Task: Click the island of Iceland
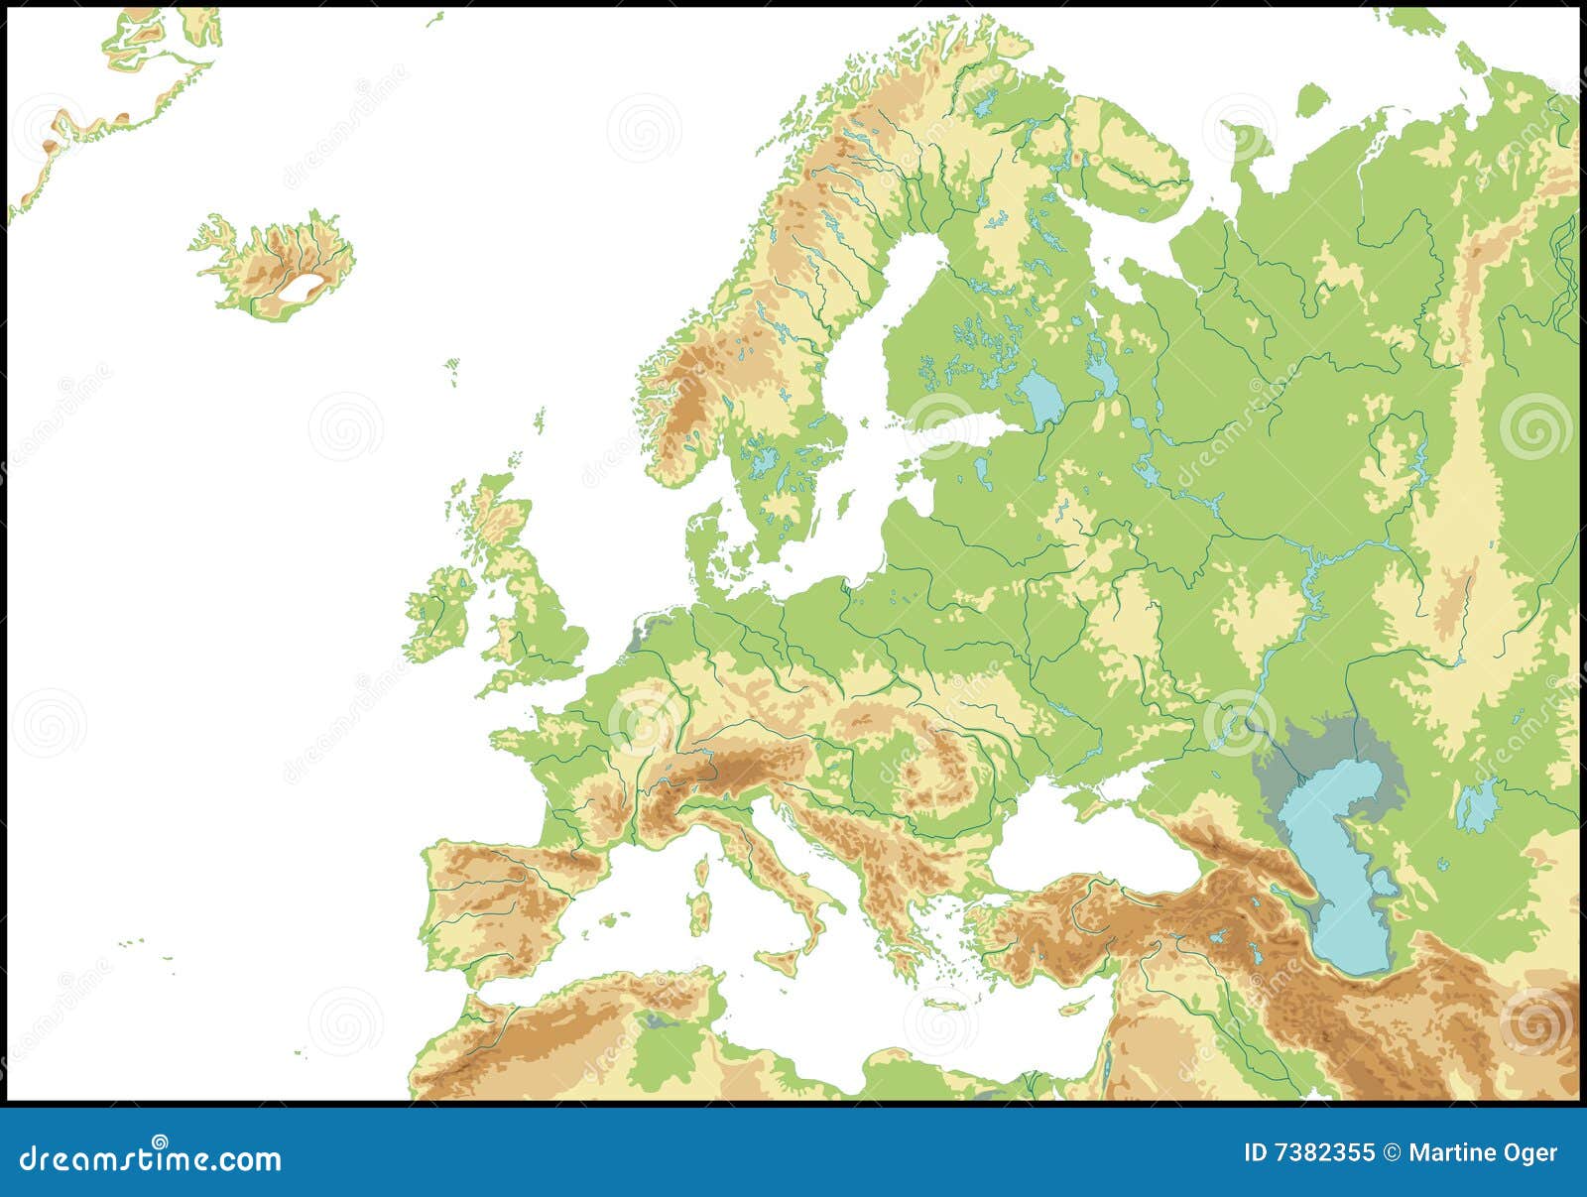(273, 263)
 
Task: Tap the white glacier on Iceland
(304, 289)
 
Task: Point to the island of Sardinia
(701, 912)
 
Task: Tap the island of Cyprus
(1071, 1009)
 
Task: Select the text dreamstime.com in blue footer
(151, 1158)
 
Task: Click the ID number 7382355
(1309, 1152)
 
